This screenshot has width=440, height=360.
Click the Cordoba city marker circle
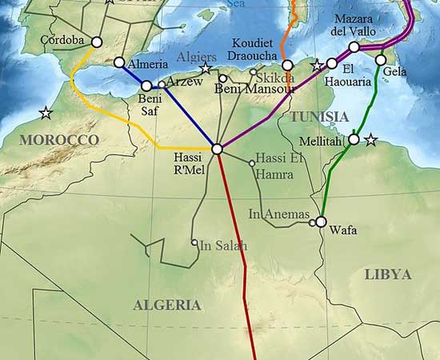coord(97,42)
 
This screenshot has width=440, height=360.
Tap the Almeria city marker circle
coord(119,62)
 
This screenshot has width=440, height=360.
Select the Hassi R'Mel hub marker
coord(217,149)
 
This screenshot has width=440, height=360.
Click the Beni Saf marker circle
coord(146,86)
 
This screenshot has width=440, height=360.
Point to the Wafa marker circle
coord(321,222)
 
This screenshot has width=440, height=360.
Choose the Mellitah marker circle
coord(354,139)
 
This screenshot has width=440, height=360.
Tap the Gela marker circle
coord(380,60)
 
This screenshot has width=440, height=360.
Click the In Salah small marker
coord(194,242)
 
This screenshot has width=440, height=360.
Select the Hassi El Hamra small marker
coord(252,163)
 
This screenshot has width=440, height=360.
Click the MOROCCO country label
coord(58,140)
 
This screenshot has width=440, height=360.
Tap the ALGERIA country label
coord(166,305)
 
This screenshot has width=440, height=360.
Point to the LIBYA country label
coord(387,274)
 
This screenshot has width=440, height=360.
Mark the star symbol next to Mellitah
coord(370,141)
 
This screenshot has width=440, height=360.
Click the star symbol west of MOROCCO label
coord(46,113)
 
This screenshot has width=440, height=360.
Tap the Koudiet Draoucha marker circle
coord(287,66)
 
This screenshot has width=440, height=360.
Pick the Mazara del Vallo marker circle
coord(354,47)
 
